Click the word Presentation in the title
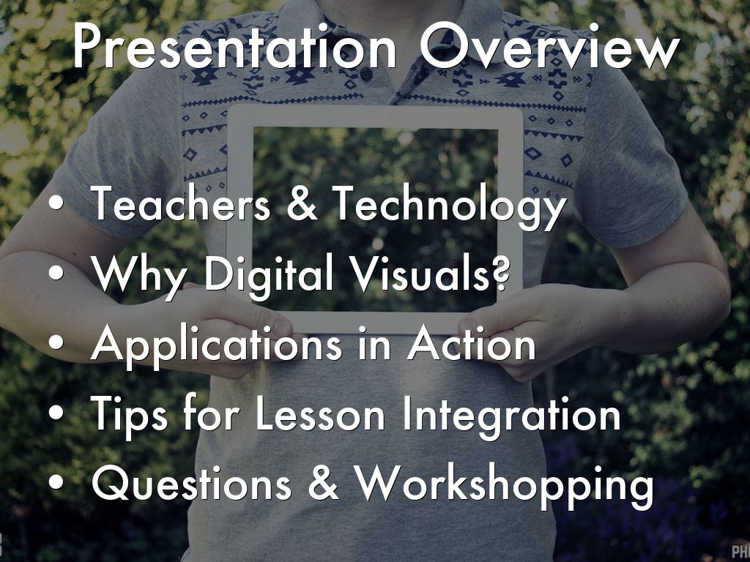coord(235,46)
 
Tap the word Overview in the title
coord(550,46)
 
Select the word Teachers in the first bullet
coord(181,203)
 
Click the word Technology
coord(450,206)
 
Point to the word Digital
coord(268,276)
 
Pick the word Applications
coord(217,346)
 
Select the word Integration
coord(511,416)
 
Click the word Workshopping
coord(505,486)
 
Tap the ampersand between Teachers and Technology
coord(302,203)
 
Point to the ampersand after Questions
coord(323,483)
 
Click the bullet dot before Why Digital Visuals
coord(56,272)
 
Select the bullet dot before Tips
coord(56,413)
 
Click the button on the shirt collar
coord(366,74)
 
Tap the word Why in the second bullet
coord(138,276)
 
